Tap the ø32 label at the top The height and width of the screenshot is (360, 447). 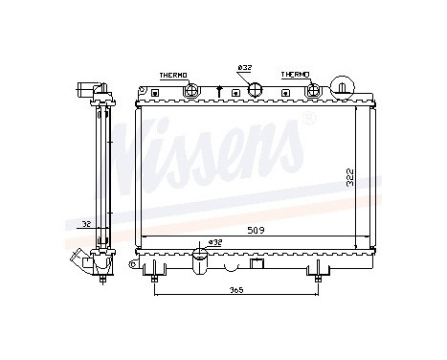pos(244,67)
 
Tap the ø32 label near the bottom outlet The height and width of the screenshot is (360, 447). pos(215,242)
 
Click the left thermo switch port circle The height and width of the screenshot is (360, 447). pos(191,91)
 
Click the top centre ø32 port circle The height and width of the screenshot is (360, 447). pos(256,91)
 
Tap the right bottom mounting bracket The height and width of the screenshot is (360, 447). pos(313,272)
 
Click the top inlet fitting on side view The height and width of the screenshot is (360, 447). pos(87,93)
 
